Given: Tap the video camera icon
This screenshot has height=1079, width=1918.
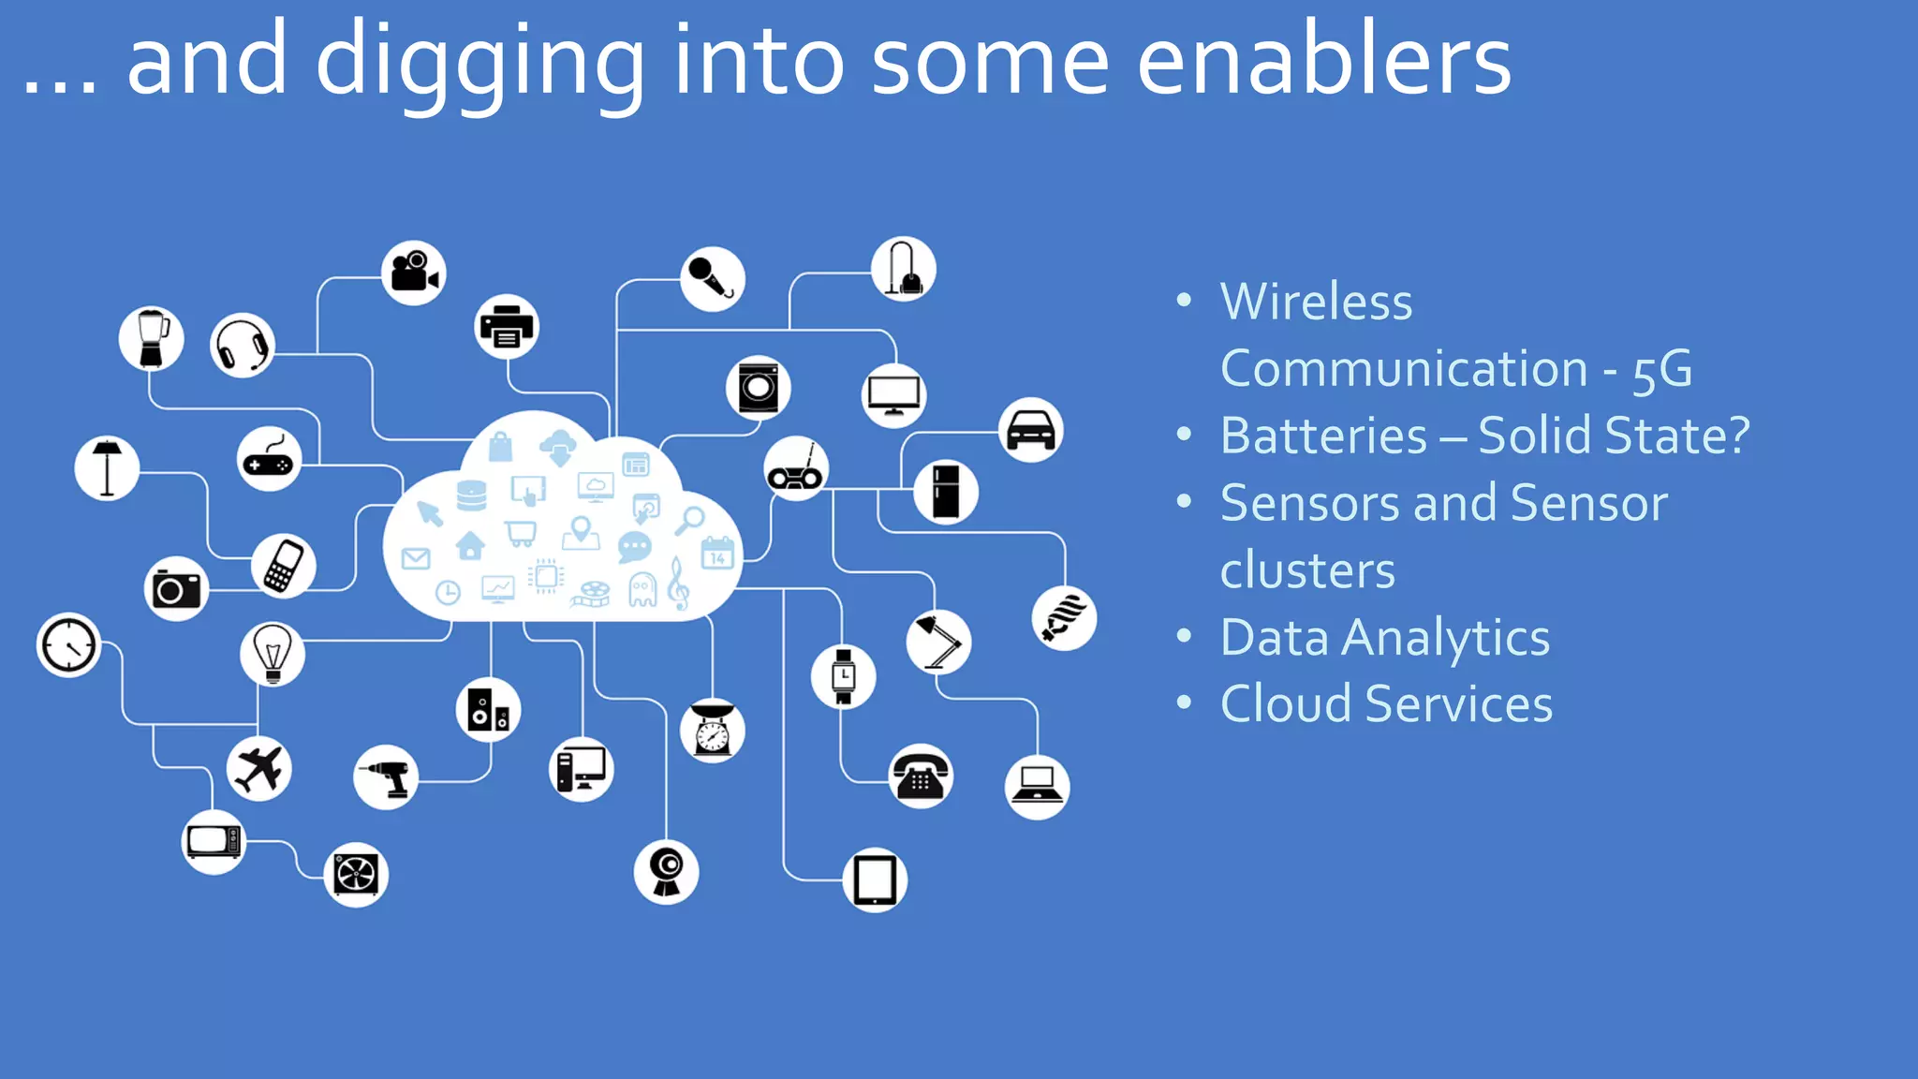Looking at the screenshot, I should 414,273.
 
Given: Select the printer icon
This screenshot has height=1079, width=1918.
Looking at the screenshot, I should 507,327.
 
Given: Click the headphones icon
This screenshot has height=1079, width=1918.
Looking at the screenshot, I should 243,346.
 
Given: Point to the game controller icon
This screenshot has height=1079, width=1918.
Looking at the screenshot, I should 269,460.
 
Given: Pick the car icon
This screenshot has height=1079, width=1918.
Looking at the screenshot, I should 1030,430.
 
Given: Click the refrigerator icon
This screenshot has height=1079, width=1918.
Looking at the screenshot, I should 946,492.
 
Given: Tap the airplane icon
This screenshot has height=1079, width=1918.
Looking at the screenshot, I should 259,768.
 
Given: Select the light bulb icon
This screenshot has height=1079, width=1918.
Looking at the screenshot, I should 273,653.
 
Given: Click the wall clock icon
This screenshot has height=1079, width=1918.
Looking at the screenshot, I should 68,645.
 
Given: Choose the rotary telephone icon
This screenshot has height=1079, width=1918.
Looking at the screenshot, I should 921,776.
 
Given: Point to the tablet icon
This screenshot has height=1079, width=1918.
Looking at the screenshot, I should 875,879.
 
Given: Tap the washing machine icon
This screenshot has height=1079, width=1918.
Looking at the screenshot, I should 758,387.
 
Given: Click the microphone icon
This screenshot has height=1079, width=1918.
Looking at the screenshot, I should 713,278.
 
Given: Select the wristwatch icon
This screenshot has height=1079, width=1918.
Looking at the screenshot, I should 844,675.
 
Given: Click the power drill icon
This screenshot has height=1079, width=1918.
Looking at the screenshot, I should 386,776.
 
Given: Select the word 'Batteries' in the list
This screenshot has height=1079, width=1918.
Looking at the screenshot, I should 1323,436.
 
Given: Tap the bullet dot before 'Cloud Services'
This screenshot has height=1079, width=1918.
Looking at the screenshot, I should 1185,702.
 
